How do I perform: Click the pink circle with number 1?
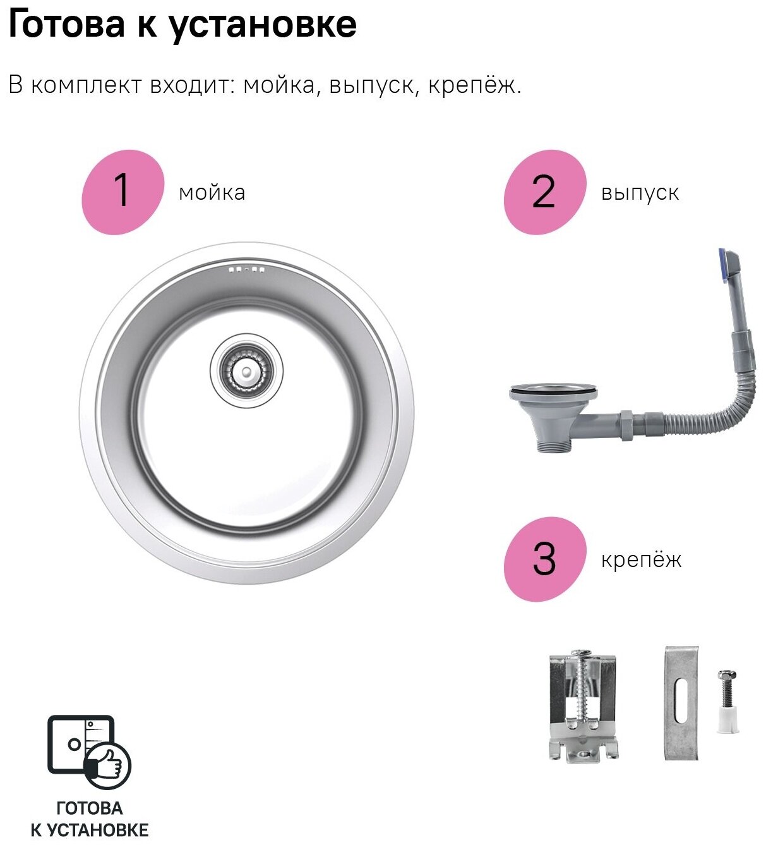click(x=123, y=192)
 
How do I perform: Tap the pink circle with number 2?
click(x=545, y=192)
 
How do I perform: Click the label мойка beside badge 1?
click(x=212, y=193)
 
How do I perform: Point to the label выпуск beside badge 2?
click(x=640, y=194)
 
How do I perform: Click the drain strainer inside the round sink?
click(x=247, y=371)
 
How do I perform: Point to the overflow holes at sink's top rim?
click(x=247, y=269)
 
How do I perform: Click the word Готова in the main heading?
click(x=66, y=25)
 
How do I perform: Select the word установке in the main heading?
click(x=263, y=26)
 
